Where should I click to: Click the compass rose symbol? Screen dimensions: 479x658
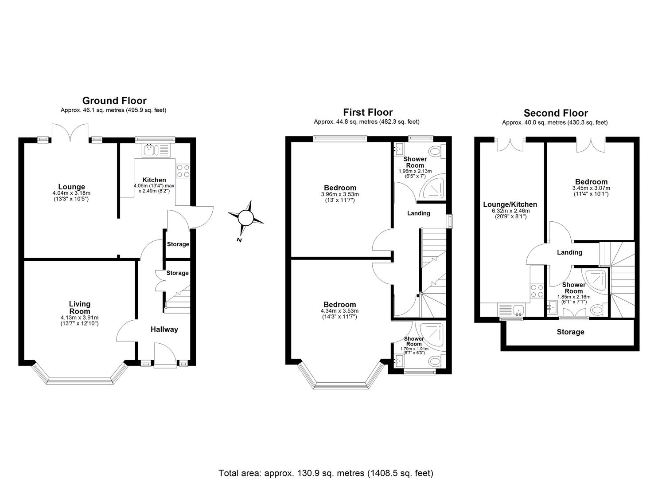[x=245, y=218]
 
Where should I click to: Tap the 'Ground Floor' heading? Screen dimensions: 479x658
[x=114, y=101]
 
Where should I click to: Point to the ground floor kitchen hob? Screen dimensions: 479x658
[x=183, y=171]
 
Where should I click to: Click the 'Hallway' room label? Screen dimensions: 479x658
[x=164, y=329]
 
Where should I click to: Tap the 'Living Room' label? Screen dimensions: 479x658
[x=80, y=307]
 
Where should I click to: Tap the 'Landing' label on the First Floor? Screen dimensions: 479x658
[x=419, y=213]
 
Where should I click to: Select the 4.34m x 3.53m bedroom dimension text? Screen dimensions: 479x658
[x=339, y=311]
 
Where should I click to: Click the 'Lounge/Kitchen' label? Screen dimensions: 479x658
[x=510, y=204]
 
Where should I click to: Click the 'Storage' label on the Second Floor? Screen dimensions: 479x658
[x=570, y=332]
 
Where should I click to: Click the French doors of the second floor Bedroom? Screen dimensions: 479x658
[x=591, y=145]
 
